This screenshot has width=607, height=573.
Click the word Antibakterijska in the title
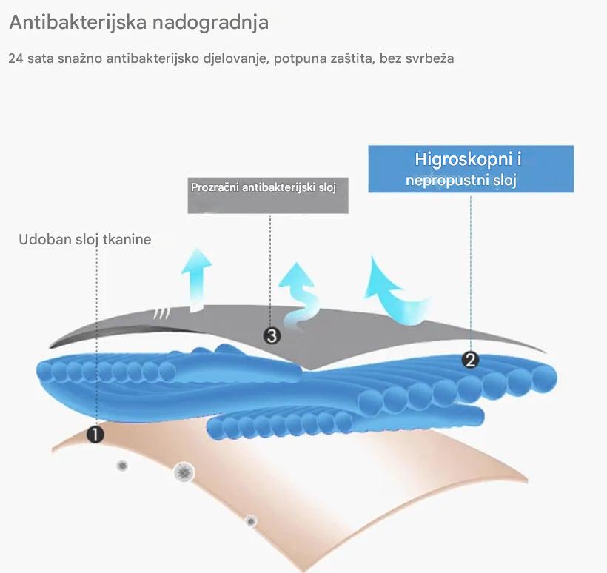pyautogui.click(x=78, y=22)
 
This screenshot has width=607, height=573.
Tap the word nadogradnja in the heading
pyautogui.click(x=210, y=22)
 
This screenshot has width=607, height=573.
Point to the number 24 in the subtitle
pyautogui.click(x=16, y=58)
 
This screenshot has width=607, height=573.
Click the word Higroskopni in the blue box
pyautogui.click(x=464, y=159)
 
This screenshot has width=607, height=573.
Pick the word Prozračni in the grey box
pyautogui.click(x=215, y=187)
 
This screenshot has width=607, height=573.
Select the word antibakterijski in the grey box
pyautogui.click(x=279, y=187)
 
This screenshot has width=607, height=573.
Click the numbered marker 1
pyautogui.click(x=95, y=434)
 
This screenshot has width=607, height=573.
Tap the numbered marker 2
pyautogui.click(x=470, y=360)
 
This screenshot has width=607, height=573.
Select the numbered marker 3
pyautogui.click(x=272, y=335)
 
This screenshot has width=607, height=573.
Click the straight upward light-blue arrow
pyautogui.click(x=197, y=280)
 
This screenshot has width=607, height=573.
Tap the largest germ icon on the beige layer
pyautogui.click(x=184, y=472)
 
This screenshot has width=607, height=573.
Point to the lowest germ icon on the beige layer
pyautogui.click(x=251, y=521)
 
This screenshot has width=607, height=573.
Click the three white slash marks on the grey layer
pyautogui.click(x=161, y=314)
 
